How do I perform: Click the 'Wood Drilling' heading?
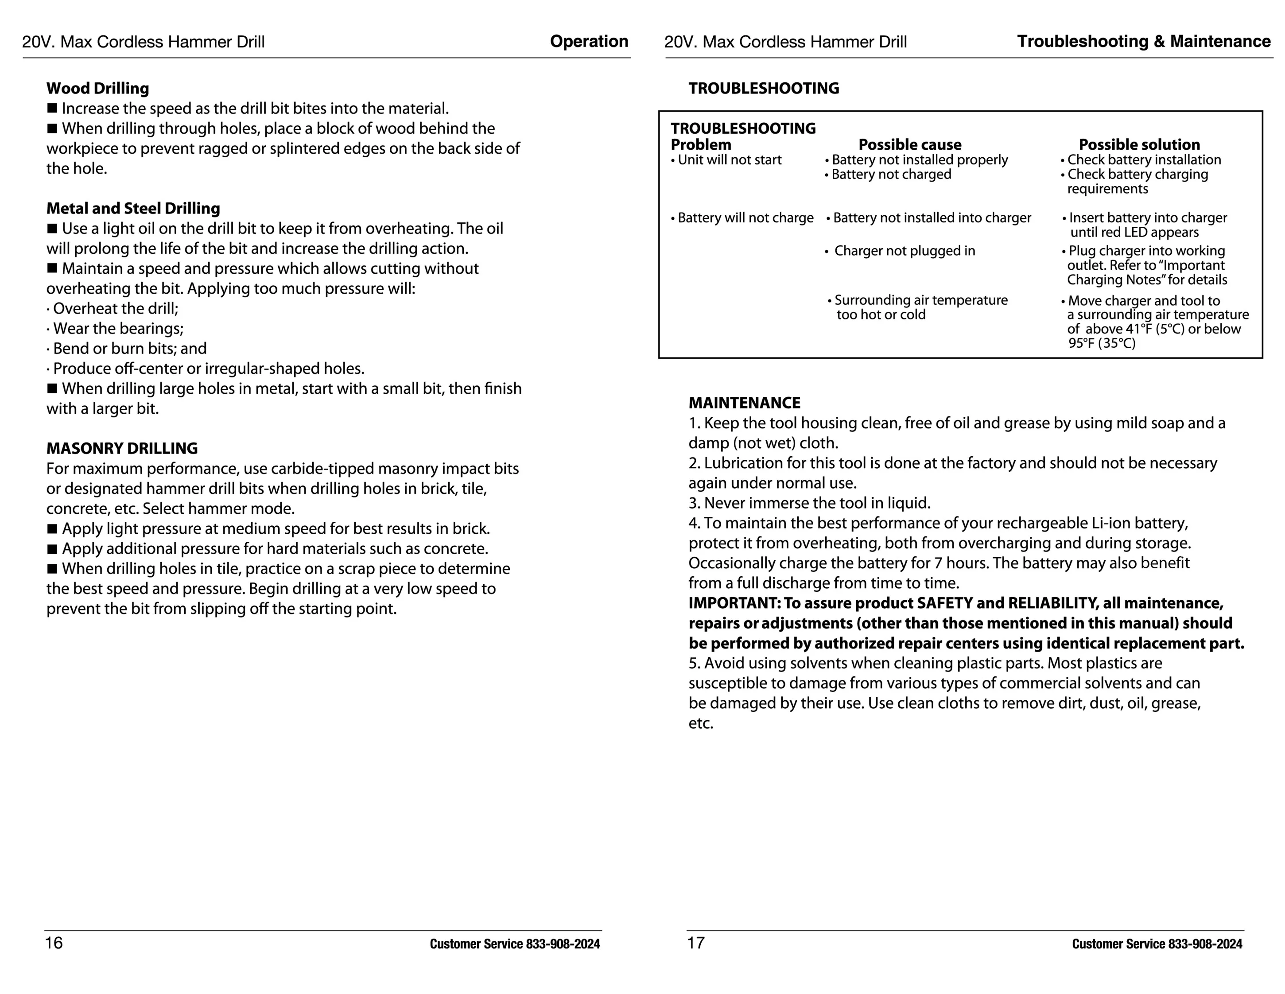pos(97,88)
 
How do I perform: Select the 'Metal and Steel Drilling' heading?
pos(133,208)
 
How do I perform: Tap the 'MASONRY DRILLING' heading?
pos(122,448)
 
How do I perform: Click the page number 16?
pos(54,943)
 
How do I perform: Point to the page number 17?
pos(695,943)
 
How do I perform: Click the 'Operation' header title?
pos(589,41)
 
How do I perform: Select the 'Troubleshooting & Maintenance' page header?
pos(1143,41)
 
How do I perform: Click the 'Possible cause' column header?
pos(910,145)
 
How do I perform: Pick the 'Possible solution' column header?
pos(1139,145)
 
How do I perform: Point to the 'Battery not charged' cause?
pos(891,174)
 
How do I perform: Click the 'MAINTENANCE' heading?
pos(744,403)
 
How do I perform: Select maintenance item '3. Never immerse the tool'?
pos(809,503)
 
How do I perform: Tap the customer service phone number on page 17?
pos(1205,944)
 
